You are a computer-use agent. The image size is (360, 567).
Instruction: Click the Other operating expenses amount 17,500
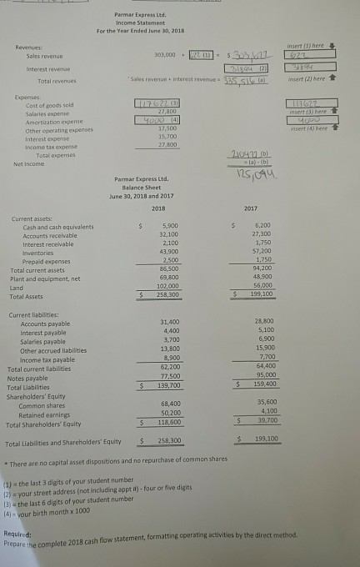pos(165,129)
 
